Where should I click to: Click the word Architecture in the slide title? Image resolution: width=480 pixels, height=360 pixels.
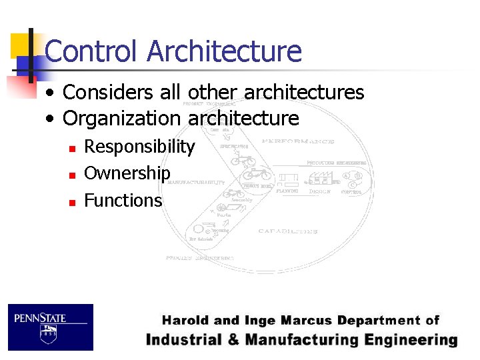(224, 51)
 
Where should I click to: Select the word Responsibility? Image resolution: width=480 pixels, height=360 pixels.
(139, 147)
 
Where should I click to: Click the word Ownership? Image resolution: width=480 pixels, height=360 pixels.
(127, 173)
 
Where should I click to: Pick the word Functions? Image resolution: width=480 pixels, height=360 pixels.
(123, 200)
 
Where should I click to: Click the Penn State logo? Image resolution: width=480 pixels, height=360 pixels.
(51, 327)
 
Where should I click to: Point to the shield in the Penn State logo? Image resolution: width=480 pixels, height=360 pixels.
(48, 334)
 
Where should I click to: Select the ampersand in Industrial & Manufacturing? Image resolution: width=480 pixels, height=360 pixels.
(233, 340)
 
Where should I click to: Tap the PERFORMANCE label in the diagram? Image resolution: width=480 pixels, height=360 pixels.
(297, 141)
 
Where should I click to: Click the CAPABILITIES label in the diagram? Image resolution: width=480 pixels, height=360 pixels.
(288, 231)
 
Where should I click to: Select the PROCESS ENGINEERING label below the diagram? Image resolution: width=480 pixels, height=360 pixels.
(199, 257)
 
